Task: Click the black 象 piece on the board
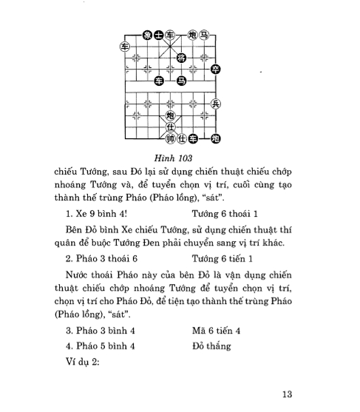pyautogui.click(x=147, y=34)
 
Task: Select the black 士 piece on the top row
pyautogui.click(x=158, y=34)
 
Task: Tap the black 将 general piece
pyautogui.click(x=181, y=57)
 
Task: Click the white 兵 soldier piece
pyautogui.click(x=215, y=104)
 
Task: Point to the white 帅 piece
pyautogui.click(x=170, y=138)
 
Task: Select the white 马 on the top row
pyautogui.click(x=204, y=34)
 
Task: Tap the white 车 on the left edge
pyautogui.click(x=124, y=46)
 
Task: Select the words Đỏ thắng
pyautogui.click(x=211, y=345)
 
